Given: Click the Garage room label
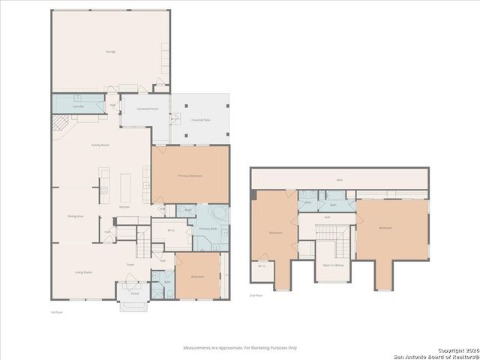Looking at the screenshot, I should [110, 51].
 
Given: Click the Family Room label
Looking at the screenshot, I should [101, 144].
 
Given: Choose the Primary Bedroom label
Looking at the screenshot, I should [190, 175].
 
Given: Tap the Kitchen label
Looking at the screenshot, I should [124, 206].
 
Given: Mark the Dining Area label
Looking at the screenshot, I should [75, 216].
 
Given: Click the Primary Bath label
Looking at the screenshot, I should [208, 229].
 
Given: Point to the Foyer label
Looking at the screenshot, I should [130, 265].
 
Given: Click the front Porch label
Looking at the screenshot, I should [135, 293].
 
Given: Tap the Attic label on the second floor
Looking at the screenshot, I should [339, 180].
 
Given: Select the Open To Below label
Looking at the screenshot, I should [333, 265].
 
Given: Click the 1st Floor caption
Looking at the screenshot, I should [54, 310].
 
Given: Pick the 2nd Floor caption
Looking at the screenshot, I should [256, 295].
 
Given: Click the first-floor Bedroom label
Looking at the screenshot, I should [197, 277].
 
